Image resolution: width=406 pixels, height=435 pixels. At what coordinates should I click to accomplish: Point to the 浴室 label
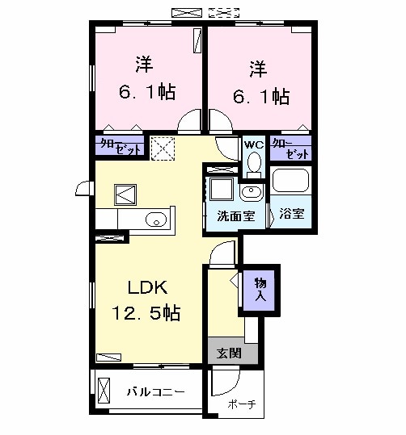(x=291, y=215)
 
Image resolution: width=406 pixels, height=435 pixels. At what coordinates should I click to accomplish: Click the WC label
(x=254, y=144)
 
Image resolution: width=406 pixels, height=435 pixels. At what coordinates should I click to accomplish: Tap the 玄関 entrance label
(x=229, y=352)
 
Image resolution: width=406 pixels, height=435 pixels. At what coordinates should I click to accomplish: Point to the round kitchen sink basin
(x=155, y=219)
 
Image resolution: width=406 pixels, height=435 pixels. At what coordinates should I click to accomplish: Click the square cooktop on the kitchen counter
(x=127, y=194)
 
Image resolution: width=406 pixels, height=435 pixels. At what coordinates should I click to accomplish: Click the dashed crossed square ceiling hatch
(x=163, y=148)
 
